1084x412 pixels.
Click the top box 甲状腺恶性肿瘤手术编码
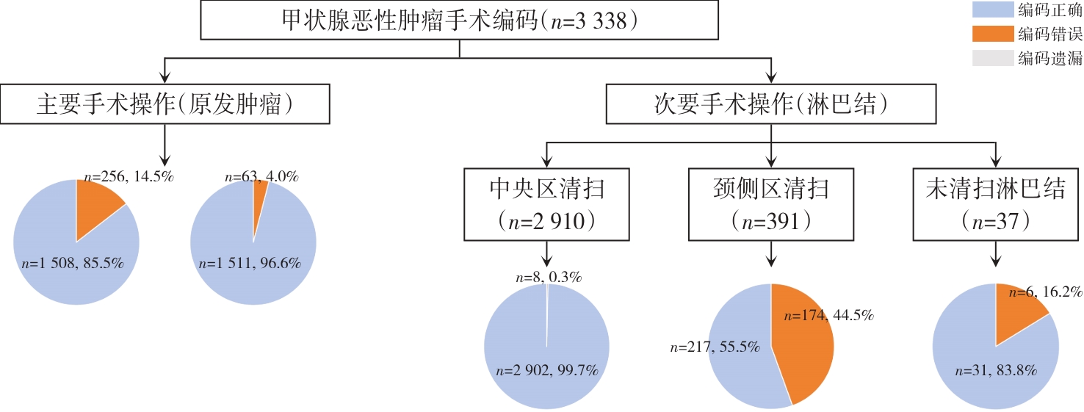pos(459,20)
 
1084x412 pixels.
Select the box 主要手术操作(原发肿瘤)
pos(165,104)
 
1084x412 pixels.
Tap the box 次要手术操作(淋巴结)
pos(771,104)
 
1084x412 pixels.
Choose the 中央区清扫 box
pos(547,203)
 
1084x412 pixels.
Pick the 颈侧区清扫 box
pos(771,203)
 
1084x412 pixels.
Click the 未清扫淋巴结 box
pos(996,203)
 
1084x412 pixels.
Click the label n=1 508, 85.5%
pos(73,263)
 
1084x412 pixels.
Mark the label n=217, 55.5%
pos(715,346)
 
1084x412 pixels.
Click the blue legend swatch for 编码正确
pos(991,10)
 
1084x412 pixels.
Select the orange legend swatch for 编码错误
pos(991,34)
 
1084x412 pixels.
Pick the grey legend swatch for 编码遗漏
pos(991,58)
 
